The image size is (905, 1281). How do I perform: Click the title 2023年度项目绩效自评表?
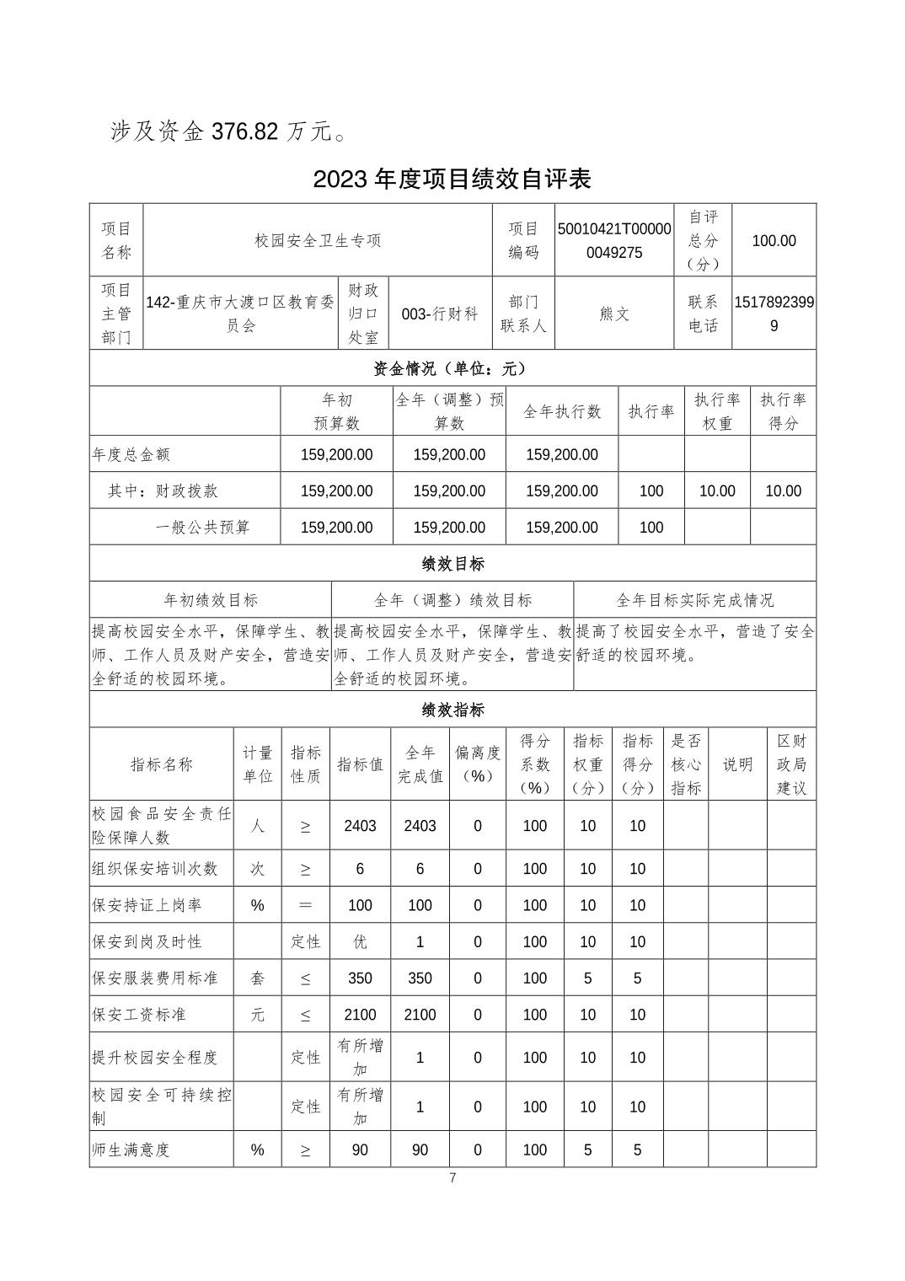[x=452, y=179]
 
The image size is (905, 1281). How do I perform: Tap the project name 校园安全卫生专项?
[x=318, y=241]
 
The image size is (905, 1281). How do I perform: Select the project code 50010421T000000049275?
[x=614, y=241]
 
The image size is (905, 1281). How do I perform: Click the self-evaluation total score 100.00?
[x=774, y=241]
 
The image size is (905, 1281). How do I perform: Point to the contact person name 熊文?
[x=614, y=314]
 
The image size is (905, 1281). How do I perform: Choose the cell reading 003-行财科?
[x=440, y=314]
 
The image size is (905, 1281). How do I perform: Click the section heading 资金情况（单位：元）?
[x=452, y=368]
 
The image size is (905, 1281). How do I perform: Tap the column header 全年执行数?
[x=562, y=411]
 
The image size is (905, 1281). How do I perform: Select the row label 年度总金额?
[x=131, y=455]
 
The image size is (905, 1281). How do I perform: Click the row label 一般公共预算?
[x=203, y=528]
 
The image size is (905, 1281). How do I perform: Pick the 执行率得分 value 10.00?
[x=783, y=491]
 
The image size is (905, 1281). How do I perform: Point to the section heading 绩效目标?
[x=452, y=564]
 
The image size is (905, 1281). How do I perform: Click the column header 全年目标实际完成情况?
[x=694, y=600]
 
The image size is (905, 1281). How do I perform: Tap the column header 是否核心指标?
[x=686, y=764]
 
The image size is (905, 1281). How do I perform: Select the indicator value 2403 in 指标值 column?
[x=360, y=826]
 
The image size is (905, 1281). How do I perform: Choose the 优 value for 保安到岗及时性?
[x=360, y=942]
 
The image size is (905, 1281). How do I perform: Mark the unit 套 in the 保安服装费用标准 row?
[x=258, y=978]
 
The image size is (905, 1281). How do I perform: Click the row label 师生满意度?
[x=131, y=1150]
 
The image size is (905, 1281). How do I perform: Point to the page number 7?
[x=452, y=1178]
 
